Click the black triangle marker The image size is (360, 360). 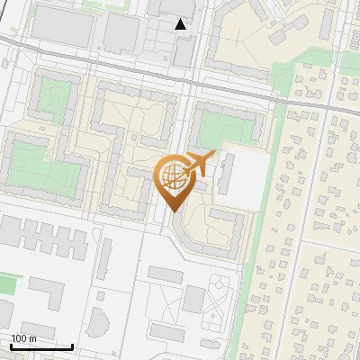click(181, 24)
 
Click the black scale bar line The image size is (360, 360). click(40, 346)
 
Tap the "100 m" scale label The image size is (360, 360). click(23, 338)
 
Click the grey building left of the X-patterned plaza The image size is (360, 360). click(194, 300)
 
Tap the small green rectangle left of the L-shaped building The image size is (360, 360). click(8, 284)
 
